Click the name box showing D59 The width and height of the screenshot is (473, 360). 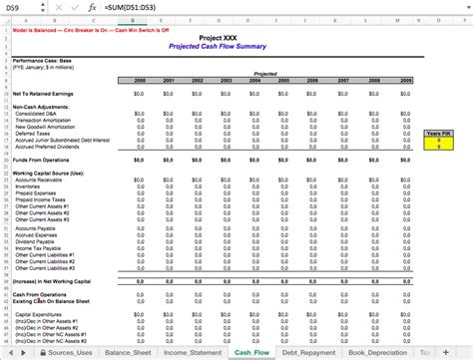14,7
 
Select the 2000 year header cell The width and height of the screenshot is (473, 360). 140,81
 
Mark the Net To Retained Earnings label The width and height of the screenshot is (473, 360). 41,93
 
